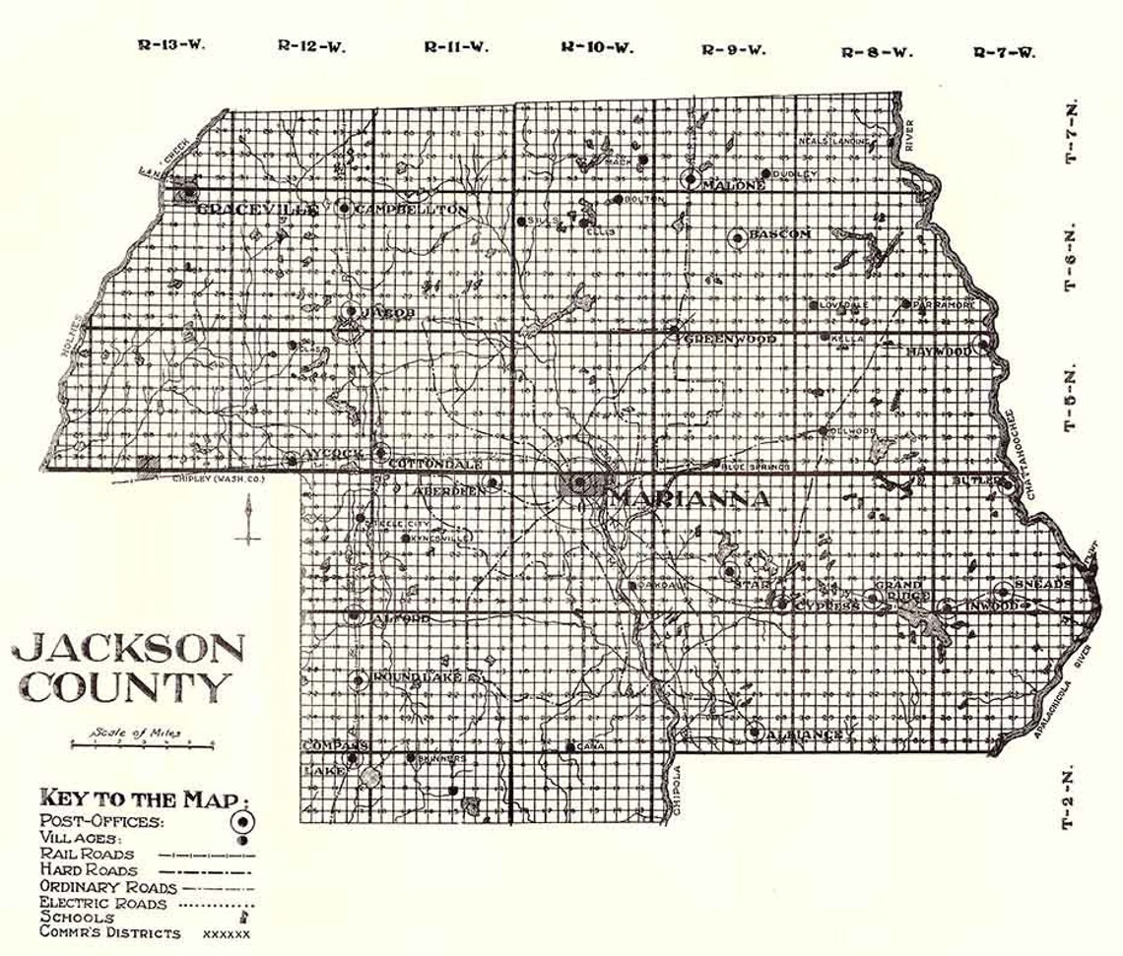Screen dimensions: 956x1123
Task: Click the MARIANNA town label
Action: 689,498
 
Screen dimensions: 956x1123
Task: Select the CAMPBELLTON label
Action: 411,210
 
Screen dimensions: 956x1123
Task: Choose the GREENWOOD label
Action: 730,339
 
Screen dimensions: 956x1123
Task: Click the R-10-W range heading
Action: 597,46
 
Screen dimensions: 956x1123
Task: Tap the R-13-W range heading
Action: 171,45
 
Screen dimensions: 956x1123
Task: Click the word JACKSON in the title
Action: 129,650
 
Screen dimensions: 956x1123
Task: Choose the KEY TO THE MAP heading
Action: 144,797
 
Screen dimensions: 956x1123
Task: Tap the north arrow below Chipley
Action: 248,518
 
